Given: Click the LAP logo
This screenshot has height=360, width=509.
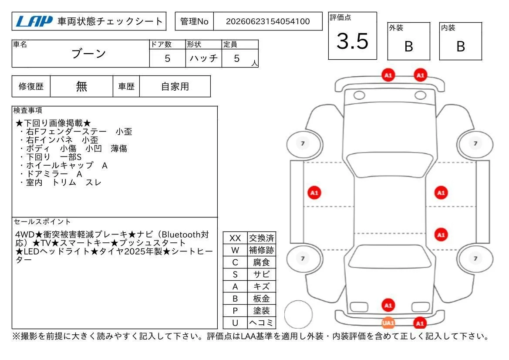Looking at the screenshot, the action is point(34,21).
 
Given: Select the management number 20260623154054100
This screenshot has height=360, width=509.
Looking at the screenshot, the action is point(268,21).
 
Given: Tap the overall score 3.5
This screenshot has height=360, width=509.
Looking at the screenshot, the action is point(353,41).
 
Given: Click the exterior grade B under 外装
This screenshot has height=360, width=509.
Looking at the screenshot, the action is point(409,47).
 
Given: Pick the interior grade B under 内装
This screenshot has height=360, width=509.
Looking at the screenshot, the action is point(461,47).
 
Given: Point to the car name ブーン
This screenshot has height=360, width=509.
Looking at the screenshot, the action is point(89,54).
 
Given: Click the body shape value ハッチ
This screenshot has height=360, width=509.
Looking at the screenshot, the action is point(203,58).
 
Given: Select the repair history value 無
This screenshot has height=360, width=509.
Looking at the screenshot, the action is point(81,86).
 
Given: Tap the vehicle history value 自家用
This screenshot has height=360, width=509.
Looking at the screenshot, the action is point(175,86).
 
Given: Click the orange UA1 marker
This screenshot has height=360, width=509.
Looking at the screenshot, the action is point(388,323).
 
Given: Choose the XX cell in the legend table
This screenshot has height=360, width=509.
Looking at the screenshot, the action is point(235,238).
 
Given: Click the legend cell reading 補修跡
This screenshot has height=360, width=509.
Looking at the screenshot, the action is point(262,250).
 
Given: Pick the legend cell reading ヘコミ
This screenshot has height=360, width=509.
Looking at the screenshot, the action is point(262,323).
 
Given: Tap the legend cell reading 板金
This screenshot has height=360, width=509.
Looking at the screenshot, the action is point(262,299).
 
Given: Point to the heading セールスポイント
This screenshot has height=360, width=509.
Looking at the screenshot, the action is point(42,221).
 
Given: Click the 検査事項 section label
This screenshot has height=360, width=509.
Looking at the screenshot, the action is point(27,110).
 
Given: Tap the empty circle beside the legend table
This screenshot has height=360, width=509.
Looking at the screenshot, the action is point(298,314).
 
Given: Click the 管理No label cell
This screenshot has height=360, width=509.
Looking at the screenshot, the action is point(194,21).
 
